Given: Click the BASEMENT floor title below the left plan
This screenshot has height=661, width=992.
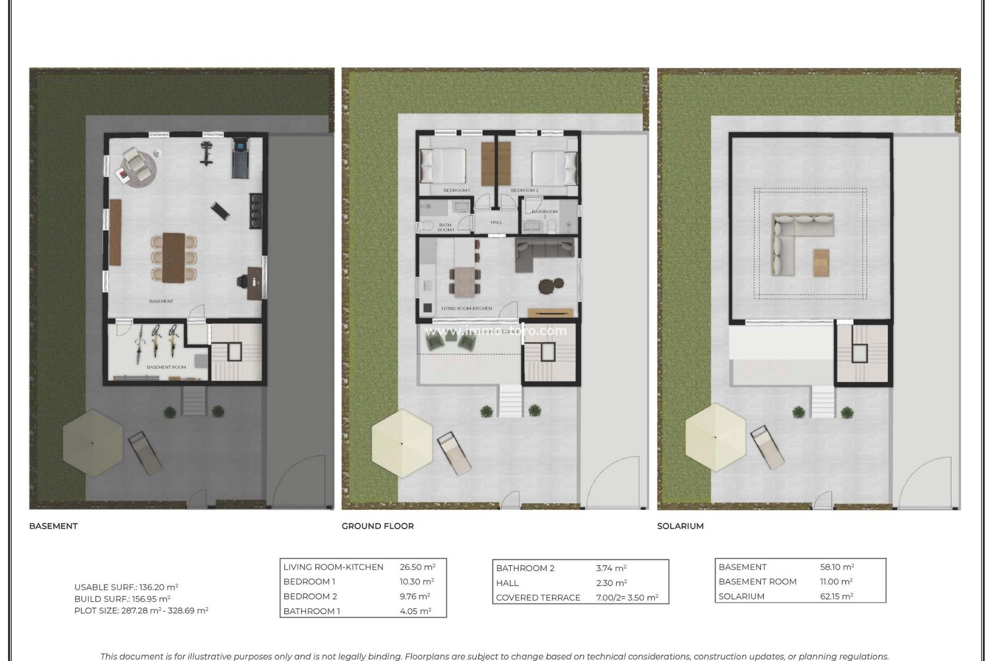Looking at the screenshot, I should click(53, 526).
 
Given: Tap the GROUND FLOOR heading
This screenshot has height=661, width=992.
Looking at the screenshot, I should click(377, 526).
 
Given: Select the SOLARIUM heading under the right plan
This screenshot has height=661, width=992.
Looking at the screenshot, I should click(680, 526).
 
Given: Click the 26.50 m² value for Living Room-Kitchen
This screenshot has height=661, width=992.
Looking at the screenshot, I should click(417, 567).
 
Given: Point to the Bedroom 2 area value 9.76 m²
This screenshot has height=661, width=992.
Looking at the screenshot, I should click(414, 596).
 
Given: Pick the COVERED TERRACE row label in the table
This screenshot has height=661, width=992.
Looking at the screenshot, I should click(538, 597).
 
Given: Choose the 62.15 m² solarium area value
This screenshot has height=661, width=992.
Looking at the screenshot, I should click(836, 596).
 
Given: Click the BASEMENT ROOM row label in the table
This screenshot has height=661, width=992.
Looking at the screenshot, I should click(757, 581).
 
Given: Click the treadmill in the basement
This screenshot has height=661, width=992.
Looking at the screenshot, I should click(240, 157).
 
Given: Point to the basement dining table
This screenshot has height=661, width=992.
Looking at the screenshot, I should click(174, 257).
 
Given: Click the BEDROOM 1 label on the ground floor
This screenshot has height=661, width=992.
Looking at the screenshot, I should click(456, 191).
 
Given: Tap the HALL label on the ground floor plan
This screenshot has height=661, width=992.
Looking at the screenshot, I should click(496, 223).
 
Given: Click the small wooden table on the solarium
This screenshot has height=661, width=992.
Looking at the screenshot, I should click(822, 262).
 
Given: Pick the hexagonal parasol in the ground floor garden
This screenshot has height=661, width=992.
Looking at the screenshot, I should click(401, 443).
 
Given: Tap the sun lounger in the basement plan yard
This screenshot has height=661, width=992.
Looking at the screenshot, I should click(144, 453).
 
